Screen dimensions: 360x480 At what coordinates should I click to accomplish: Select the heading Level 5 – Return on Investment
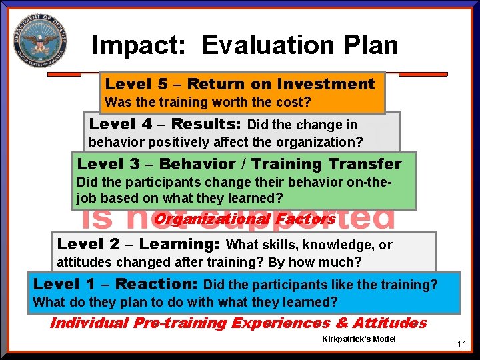pos(240,84)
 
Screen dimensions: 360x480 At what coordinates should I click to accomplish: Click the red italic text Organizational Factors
pos(245,219)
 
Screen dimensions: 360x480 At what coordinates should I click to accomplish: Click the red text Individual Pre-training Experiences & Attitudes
pos(239,323)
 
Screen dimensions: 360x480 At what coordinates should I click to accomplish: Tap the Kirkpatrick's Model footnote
pos(358,339)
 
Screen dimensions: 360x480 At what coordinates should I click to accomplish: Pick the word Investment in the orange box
pos(326,84)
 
